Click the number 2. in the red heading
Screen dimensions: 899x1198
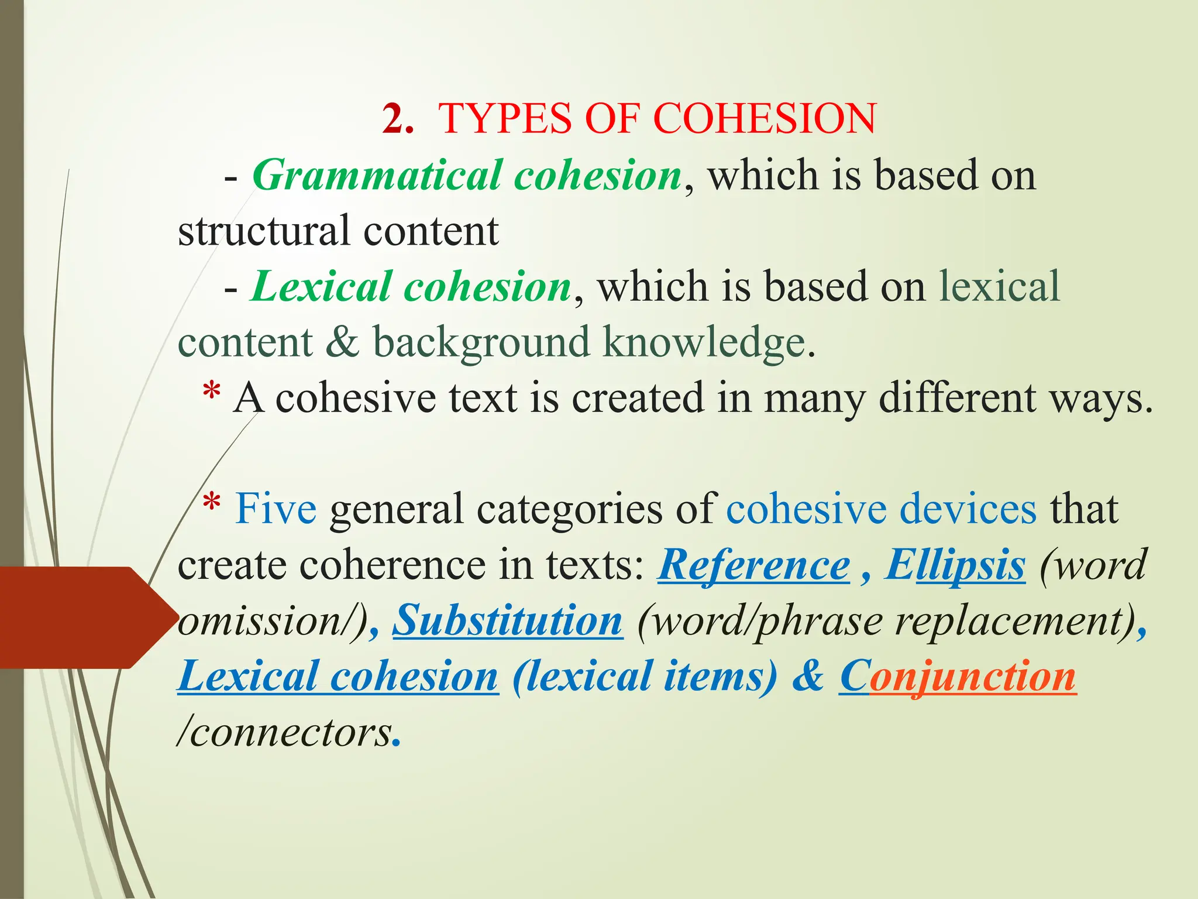(398, 119)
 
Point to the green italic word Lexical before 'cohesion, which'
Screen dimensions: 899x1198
(321, 287)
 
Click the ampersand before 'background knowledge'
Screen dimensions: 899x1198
(342, 342)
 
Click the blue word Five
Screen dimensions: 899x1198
(276, 509)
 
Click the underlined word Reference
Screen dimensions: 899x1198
(753, 565)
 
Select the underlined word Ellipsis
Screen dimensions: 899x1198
(955, 565)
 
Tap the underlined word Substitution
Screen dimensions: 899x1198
(507, 620)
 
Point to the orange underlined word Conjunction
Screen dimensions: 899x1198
(958, 677)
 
